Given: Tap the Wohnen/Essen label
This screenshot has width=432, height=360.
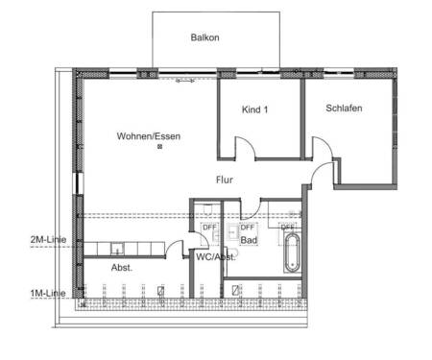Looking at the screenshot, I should [x=149, y=136].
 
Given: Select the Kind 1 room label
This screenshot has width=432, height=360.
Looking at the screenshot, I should [x=254, y=110].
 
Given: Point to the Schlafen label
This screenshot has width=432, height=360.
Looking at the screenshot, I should [x=343, y=108].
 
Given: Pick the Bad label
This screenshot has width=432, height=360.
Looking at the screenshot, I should [x=249, y=240].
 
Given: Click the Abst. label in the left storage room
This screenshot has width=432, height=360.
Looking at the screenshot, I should [x=122, y=267].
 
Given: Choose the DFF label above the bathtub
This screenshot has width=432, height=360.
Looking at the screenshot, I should [x=288, y=227].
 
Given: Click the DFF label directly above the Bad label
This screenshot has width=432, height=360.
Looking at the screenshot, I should [x=248, y=227].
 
